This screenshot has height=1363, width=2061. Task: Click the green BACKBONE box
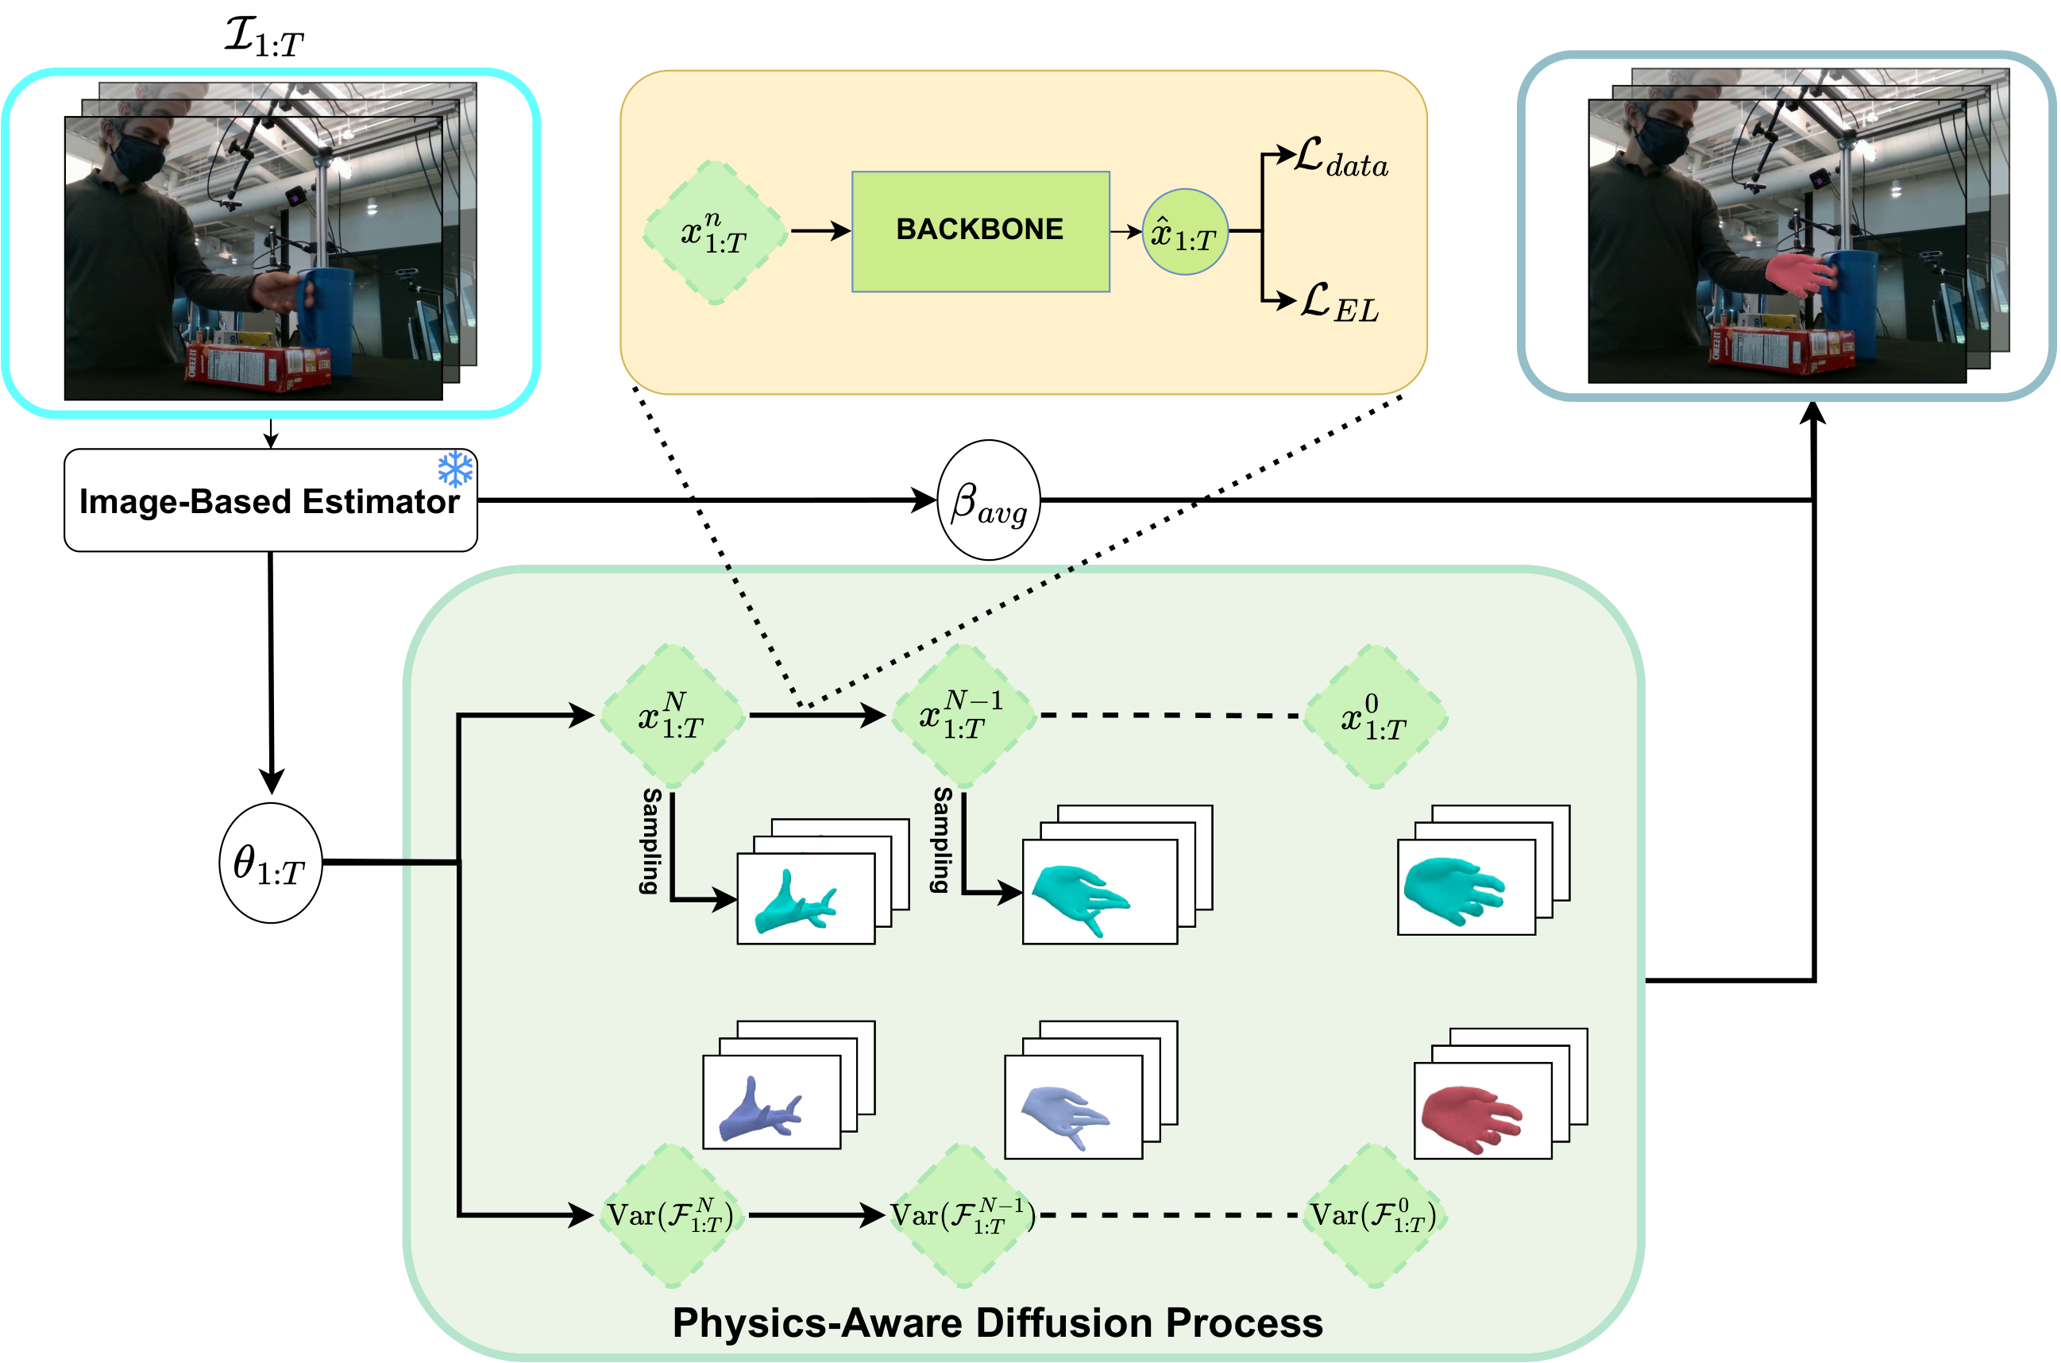pyautogui.click(x=979, y=231)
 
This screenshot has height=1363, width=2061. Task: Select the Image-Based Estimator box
pyautogui.click(x=269, y=500)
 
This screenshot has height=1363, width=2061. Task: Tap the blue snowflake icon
pyautogui.click(x=456, y=469)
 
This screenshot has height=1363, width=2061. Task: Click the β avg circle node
pyautogui.click(x=988, y=500)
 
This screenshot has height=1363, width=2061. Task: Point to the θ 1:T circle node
pyautogui.click(x=270, y=863)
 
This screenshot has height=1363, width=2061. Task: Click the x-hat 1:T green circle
pyautogui.click(x=1184, y=232)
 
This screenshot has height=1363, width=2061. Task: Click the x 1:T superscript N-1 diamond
pyautogui.click(x=963, y=716)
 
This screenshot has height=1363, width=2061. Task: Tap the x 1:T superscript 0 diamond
pyautogui.click(x=1374, y=716)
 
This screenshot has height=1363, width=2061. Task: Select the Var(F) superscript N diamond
pyautogui.click(x=670, y=1215)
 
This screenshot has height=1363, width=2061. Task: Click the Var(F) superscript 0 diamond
pyautogui.click(x=1374, y=1215)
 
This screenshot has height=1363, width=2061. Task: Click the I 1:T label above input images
pyautogui.click(x=264, y=37)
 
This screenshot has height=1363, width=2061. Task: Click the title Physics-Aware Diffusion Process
pyautogui.click(x=997, y=1322)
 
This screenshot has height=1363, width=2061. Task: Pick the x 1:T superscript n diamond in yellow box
pyautogui.click(x=714, y=232)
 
